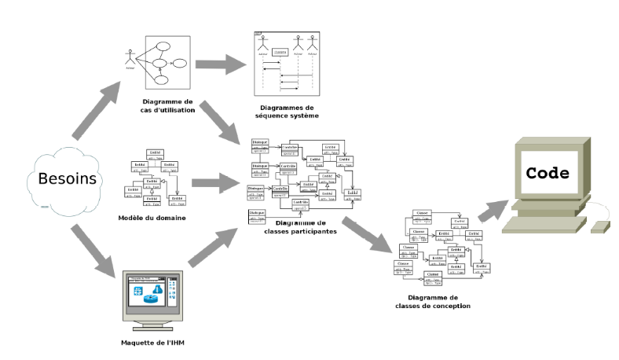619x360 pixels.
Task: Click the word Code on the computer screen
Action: [548, 173]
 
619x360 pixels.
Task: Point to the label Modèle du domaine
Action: [152, 217]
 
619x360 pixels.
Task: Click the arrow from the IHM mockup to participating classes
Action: [212, 245]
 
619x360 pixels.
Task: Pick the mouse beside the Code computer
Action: [600, 226]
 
